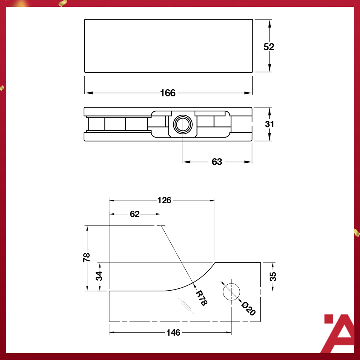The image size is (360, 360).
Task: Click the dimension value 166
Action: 168,93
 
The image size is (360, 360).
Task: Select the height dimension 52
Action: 269,47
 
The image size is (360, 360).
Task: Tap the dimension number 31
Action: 269,124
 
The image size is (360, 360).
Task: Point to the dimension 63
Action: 217,162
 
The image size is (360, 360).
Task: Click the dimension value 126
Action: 164,201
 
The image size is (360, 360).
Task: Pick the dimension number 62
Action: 135,214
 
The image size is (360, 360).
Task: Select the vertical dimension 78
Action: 87,257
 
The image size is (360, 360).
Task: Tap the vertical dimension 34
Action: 99,276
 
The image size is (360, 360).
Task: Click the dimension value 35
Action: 273,276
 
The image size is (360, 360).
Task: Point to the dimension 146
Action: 173,333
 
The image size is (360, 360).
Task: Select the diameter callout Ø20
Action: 249,308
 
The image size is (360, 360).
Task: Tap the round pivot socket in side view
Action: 183,124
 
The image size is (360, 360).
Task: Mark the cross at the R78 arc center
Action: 161,225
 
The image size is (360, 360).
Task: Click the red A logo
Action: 339,333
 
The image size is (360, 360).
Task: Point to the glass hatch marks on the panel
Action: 186,305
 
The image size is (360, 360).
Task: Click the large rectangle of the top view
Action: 168,46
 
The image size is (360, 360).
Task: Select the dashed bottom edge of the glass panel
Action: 169,321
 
